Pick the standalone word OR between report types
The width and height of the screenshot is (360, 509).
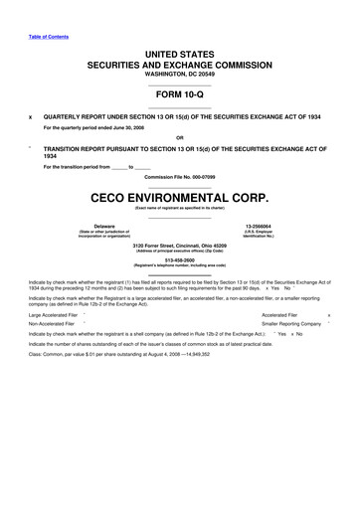pyautogui.click(x=179, y=137)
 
